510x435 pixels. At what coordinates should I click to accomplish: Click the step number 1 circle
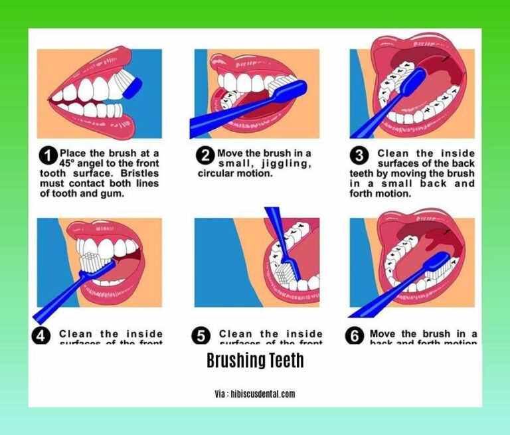47,157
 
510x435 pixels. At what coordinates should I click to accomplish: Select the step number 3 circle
359,157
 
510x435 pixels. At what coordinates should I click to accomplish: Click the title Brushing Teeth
254,361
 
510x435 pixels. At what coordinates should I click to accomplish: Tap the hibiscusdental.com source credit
254,394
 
